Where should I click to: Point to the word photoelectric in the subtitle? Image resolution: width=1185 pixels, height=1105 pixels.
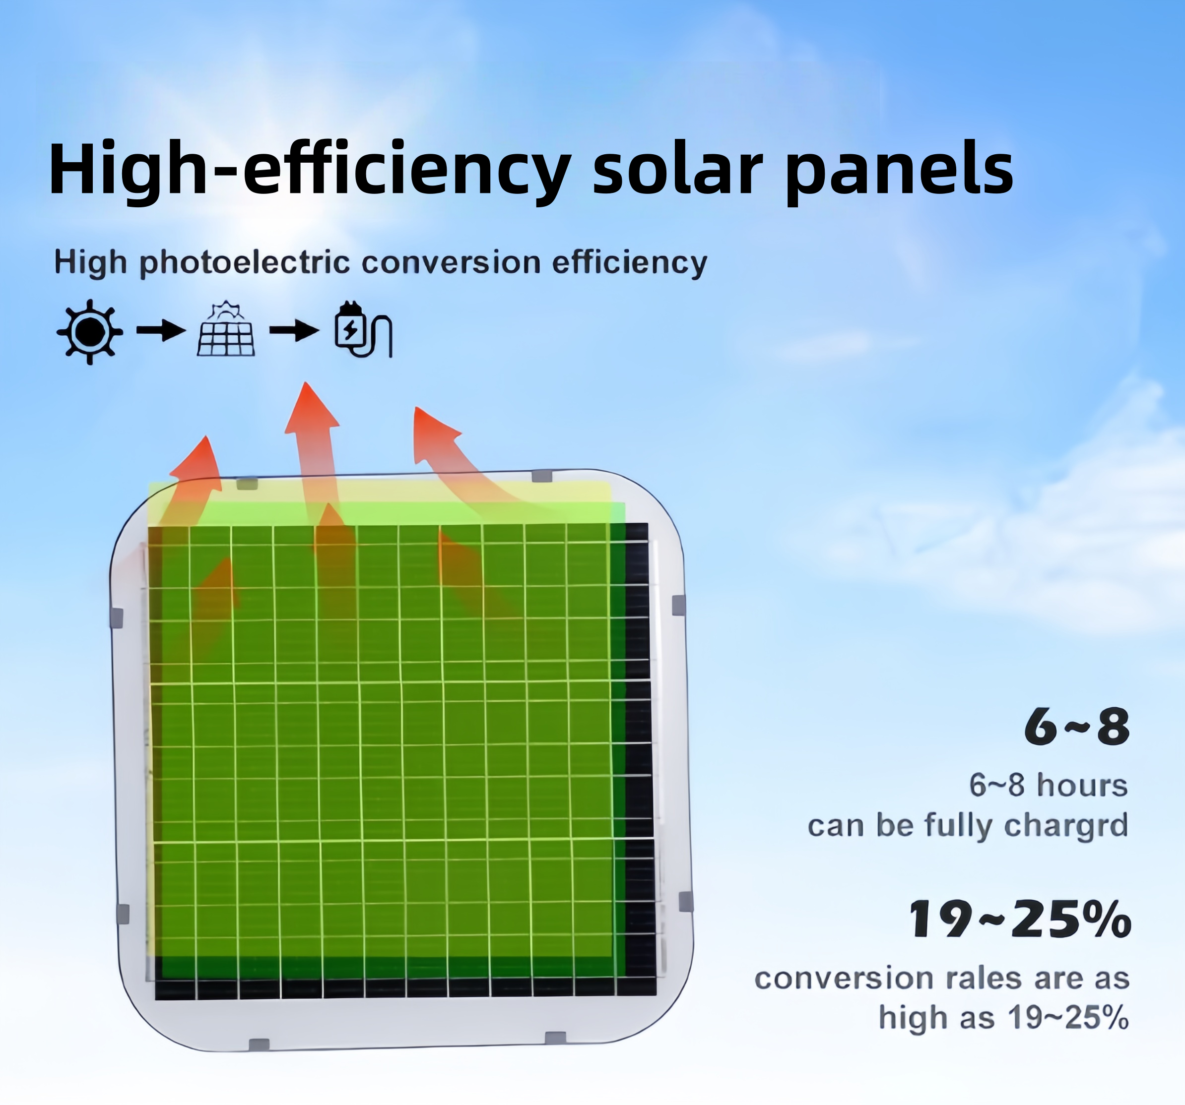click(244, 263)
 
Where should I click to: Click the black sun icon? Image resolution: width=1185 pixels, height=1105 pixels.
click(89, 332)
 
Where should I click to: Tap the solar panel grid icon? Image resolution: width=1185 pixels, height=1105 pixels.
click(226, 329)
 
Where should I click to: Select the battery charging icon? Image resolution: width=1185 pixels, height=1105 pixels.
click(364, 329)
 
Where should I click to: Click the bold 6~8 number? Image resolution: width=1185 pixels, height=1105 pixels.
click(1076, 727)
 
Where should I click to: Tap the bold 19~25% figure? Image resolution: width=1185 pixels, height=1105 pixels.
click(1019, 919)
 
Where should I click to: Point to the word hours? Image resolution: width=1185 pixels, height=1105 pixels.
click(1082, 785)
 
